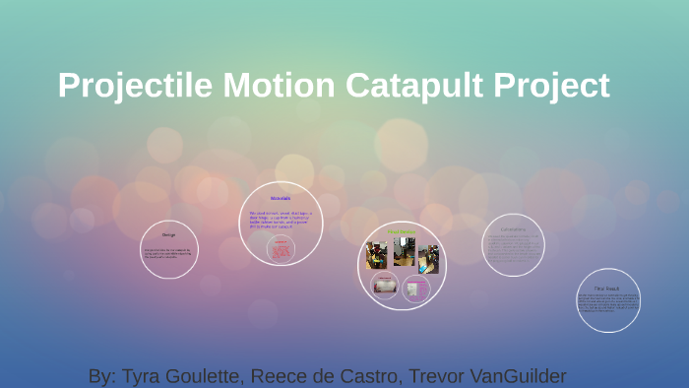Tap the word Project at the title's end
(x=552, y=85)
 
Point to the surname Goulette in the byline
(x=204, y=376)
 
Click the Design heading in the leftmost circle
(x=168, y=236)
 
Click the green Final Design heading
(x=401, y=232)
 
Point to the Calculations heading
(x=513, y=229)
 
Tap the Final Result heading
(x=607, y=288)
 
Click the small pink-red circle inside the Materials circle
(x=281, y=249)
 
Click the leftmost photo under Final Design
(x=376, y=256)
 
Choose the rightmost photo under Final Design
(x=428, y=258)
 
